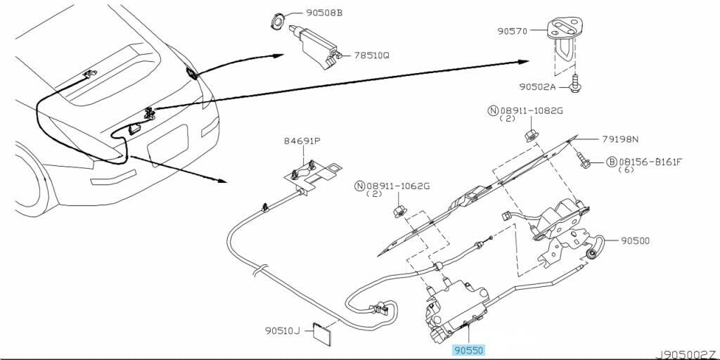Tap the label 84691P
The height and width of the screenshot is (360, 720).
(302, 141)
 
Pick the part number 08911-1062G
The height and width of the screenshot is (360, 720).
(397, 186)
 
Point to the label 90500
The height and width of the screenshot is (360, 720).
(635, 240)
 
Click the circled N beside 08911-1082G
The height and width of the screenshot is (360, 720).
(493, 110)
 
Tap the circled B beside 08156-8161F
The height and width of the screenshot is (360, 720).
(612, 162)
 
